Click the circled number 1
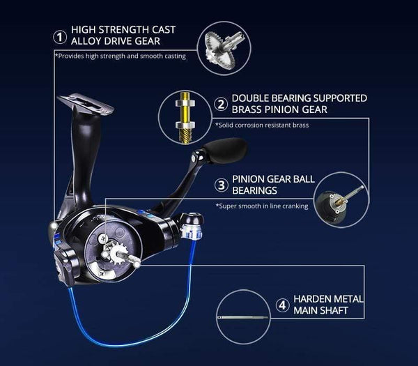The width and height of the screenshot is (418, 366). click(x=61, y=35)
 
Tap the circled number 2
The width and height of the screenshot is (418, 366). click(x=221, y=105)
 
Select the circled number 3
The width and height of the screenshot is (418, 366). click(x=221, y=185)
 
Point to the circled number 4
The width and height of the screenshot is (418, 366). click(x=281, y=304)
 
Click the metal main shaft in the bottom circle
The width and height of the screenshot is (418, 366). click(x=243, y=317)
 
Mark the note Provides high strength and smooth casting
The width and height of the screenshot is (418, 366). click(x=120, y=56)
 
